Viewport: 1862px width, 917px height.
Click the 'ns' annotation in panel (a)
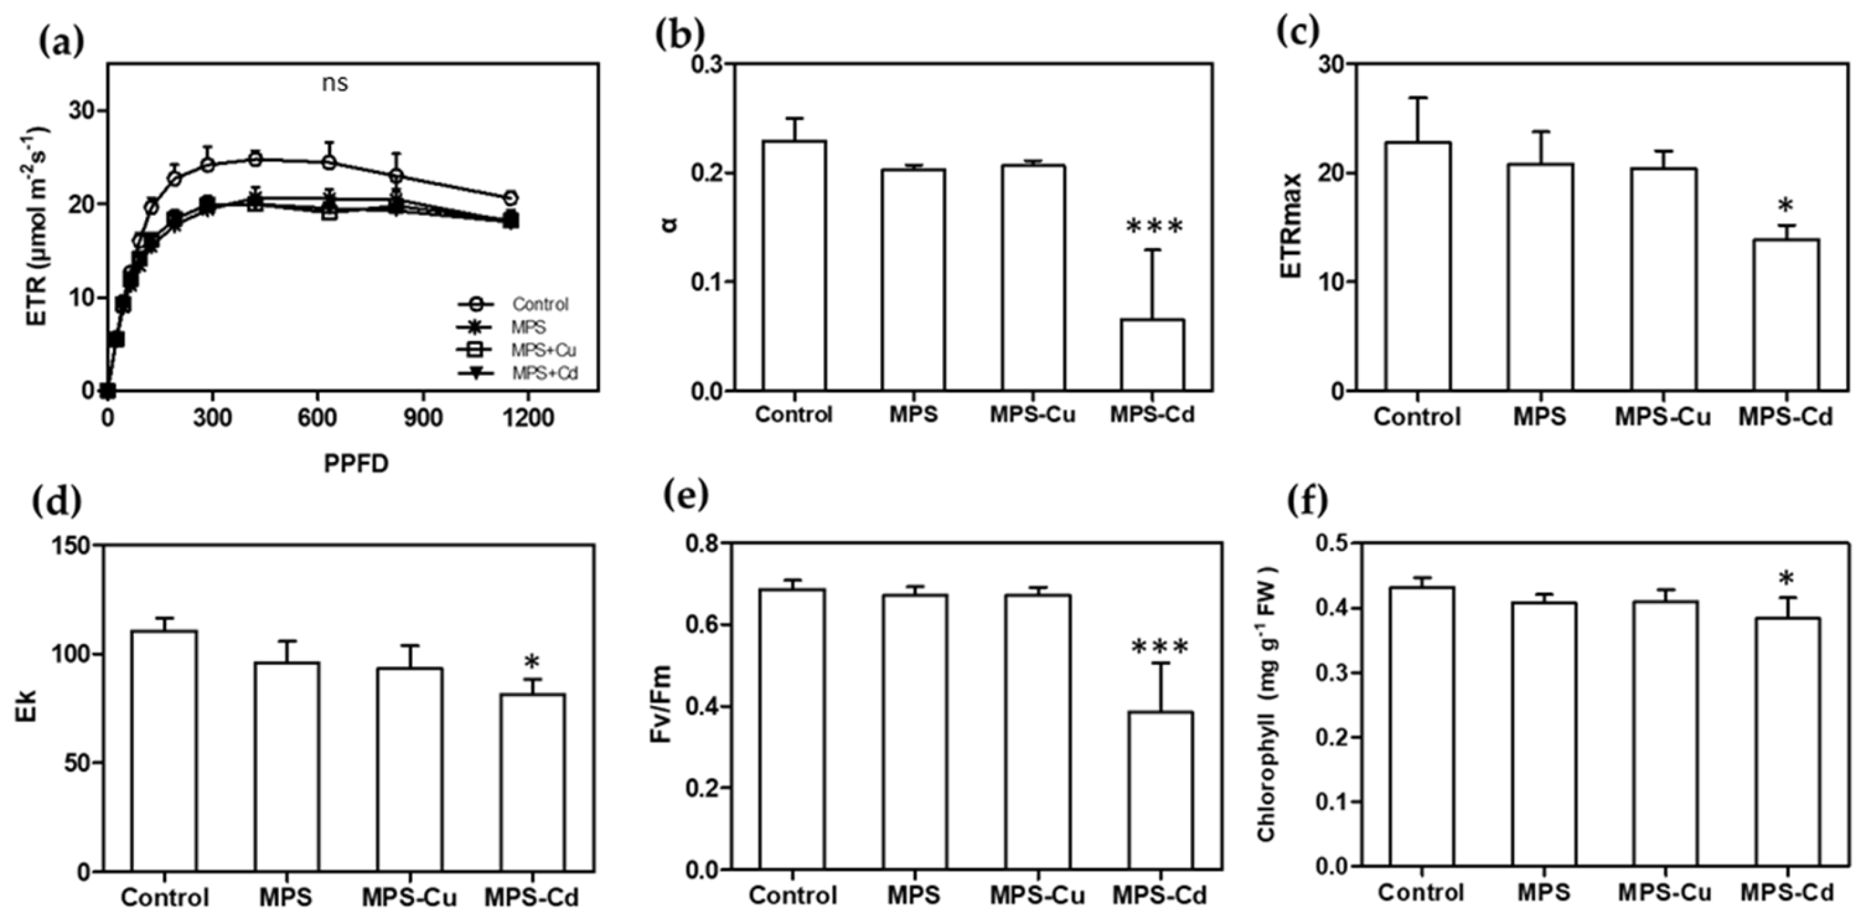point(335,84)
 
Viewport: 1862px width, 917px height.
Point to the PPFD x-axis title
point(355,464)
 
